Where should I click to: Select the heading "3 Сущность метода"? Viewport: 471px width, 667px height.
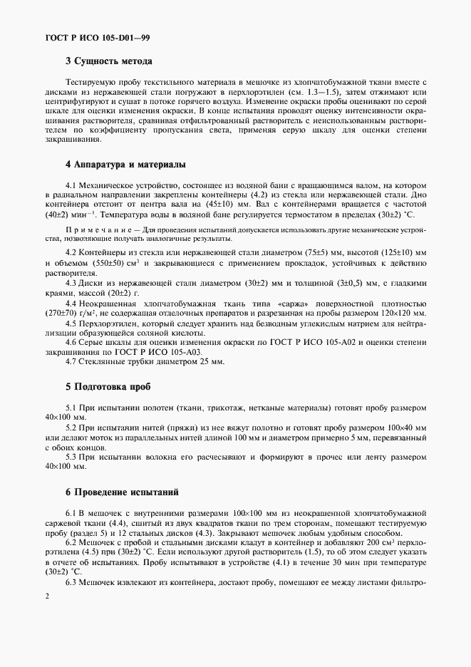coord(109,61)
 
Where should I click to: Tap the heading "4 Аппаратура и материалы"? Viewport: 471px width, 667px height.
coord(125,164)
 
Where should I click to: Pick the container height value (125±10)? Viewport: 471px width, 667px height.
coord(382,254)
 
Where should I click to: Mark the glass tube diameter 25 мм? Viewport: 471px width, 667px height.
coord(211,362)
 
